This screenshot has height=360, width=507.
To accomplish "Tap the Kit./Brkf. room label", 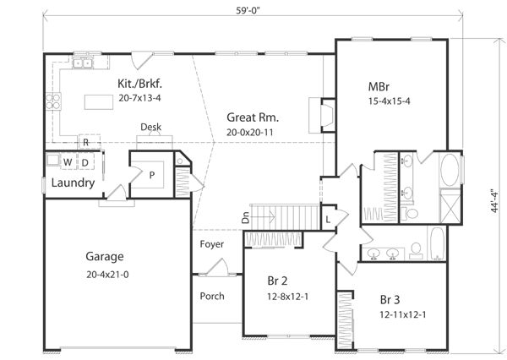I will click(139, 84).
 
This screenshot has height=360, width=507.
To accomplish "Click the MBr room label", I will click(378, 86).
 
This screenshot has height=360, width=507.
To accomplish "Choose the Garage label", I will click(105, 256).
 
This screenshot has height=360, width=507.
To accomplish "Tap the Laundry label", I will click(72, 183).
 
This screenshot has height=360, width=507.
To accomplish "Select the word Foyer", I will click(211, 244).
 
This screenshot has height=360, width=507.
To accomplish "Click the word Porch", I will click(211, 297).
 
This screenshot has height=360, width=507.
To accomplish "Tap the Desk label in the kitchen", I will click(151, 128).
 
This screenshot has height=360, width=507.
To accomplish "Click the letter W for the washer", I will click(66, 161).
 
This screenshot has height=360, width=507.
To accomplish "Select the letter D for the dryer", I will click(85, 161).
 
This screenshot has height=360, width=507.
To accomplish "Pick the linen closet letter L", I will click(328, 219).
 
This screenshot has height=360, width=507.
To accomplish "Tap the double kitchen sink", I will click(84, 63).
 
